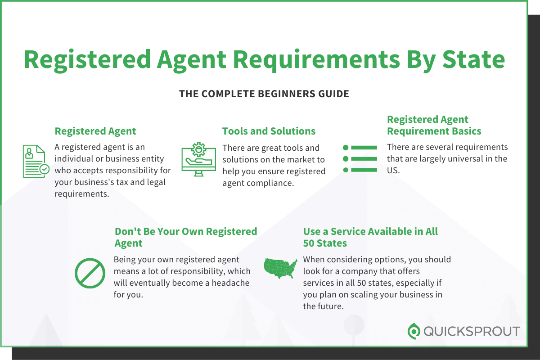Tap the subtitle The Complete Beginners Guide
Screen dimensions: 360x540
coord(264,94)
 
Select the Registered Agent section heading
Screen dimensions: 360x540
coord(95,131)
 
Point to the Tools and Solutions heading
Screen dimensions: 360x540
coord(269,131)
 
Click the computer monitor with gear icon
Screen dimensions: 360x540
coord(198,157)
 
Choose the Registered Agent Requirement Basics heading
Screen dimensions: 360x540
coord(434,126)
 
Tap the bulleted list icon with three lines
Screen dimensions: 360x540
coord(360,158)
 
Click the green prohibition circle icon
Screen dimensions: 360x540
coord(90,273)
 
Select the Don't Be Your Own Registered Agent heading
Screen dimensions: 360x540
coord(185,237)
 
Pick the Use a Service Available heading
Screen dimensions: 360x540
coord(370,237)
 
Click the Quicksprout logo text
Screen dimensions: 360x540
coord(471,332)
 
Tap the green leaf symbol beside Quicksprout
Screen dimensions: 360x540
coord(414,331)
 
